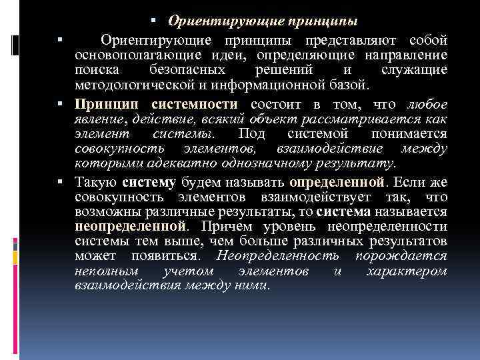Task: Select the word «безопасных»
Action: (186, 70)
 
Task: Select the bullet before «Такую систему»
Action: (60, 181)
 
